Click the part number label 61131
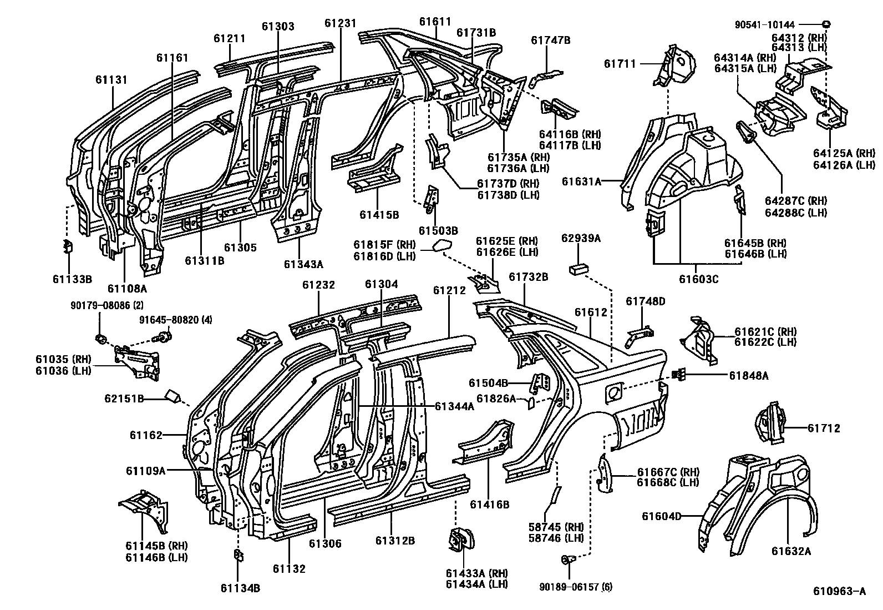(x=111, y=80)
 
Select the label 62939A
(x=581, y=239)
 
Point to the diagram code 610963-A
(x=839, y=592)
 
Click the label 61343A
(x=303, y=264)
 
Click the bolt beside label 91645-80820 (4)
(x=165, y=336)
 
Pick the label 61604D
(x=661, y=516)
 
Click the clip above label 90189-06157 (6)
(x=566, y=561)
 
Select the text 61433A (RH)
(x=476, y=573)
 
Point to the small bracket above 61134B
(x=238, y=556)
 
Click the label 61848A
(x=748, y=376)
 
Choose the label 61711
(x=620, y=64)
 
